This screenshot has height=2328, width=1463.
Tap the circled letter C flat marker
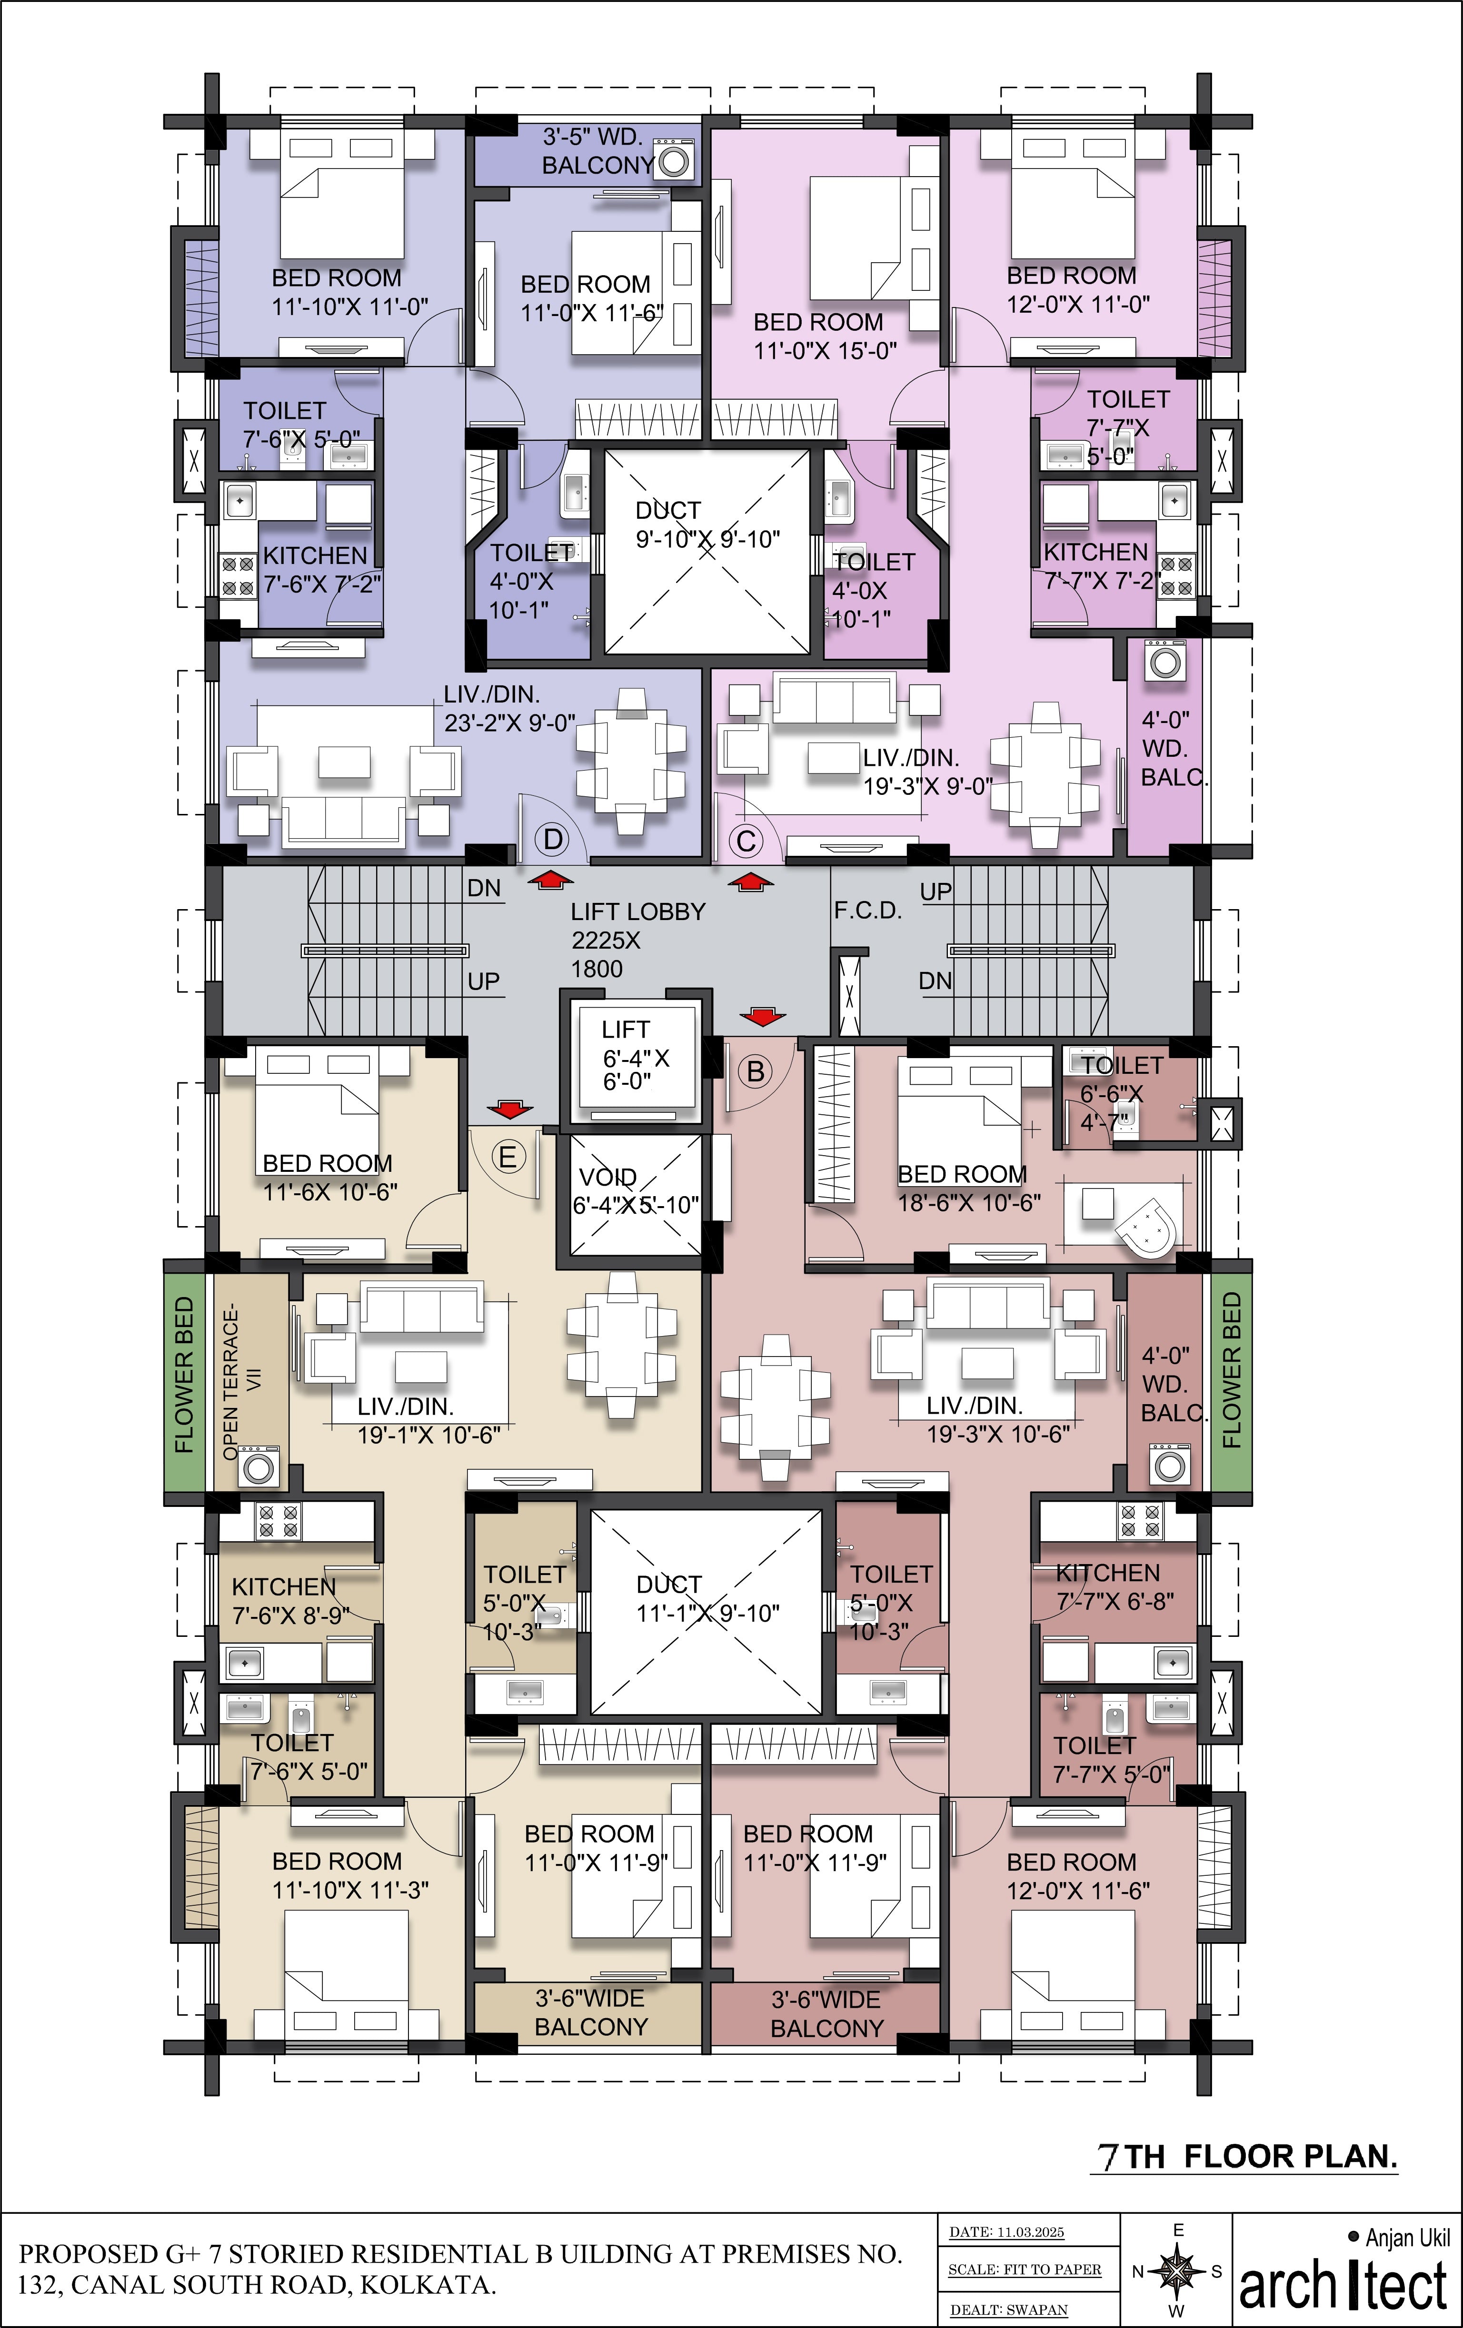[x=746, y=841]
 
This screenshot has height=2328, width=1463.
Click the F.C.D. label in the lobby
[x=867, y=911]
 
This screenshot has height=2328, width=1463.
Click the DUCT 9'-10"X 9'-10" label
[x=707, y=525]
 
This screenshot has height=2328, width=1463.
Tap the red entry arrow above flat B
[x=762, y=1016]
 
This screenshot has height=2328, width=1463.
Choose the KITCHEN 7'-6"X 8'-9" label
[x=290, y=1601]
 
